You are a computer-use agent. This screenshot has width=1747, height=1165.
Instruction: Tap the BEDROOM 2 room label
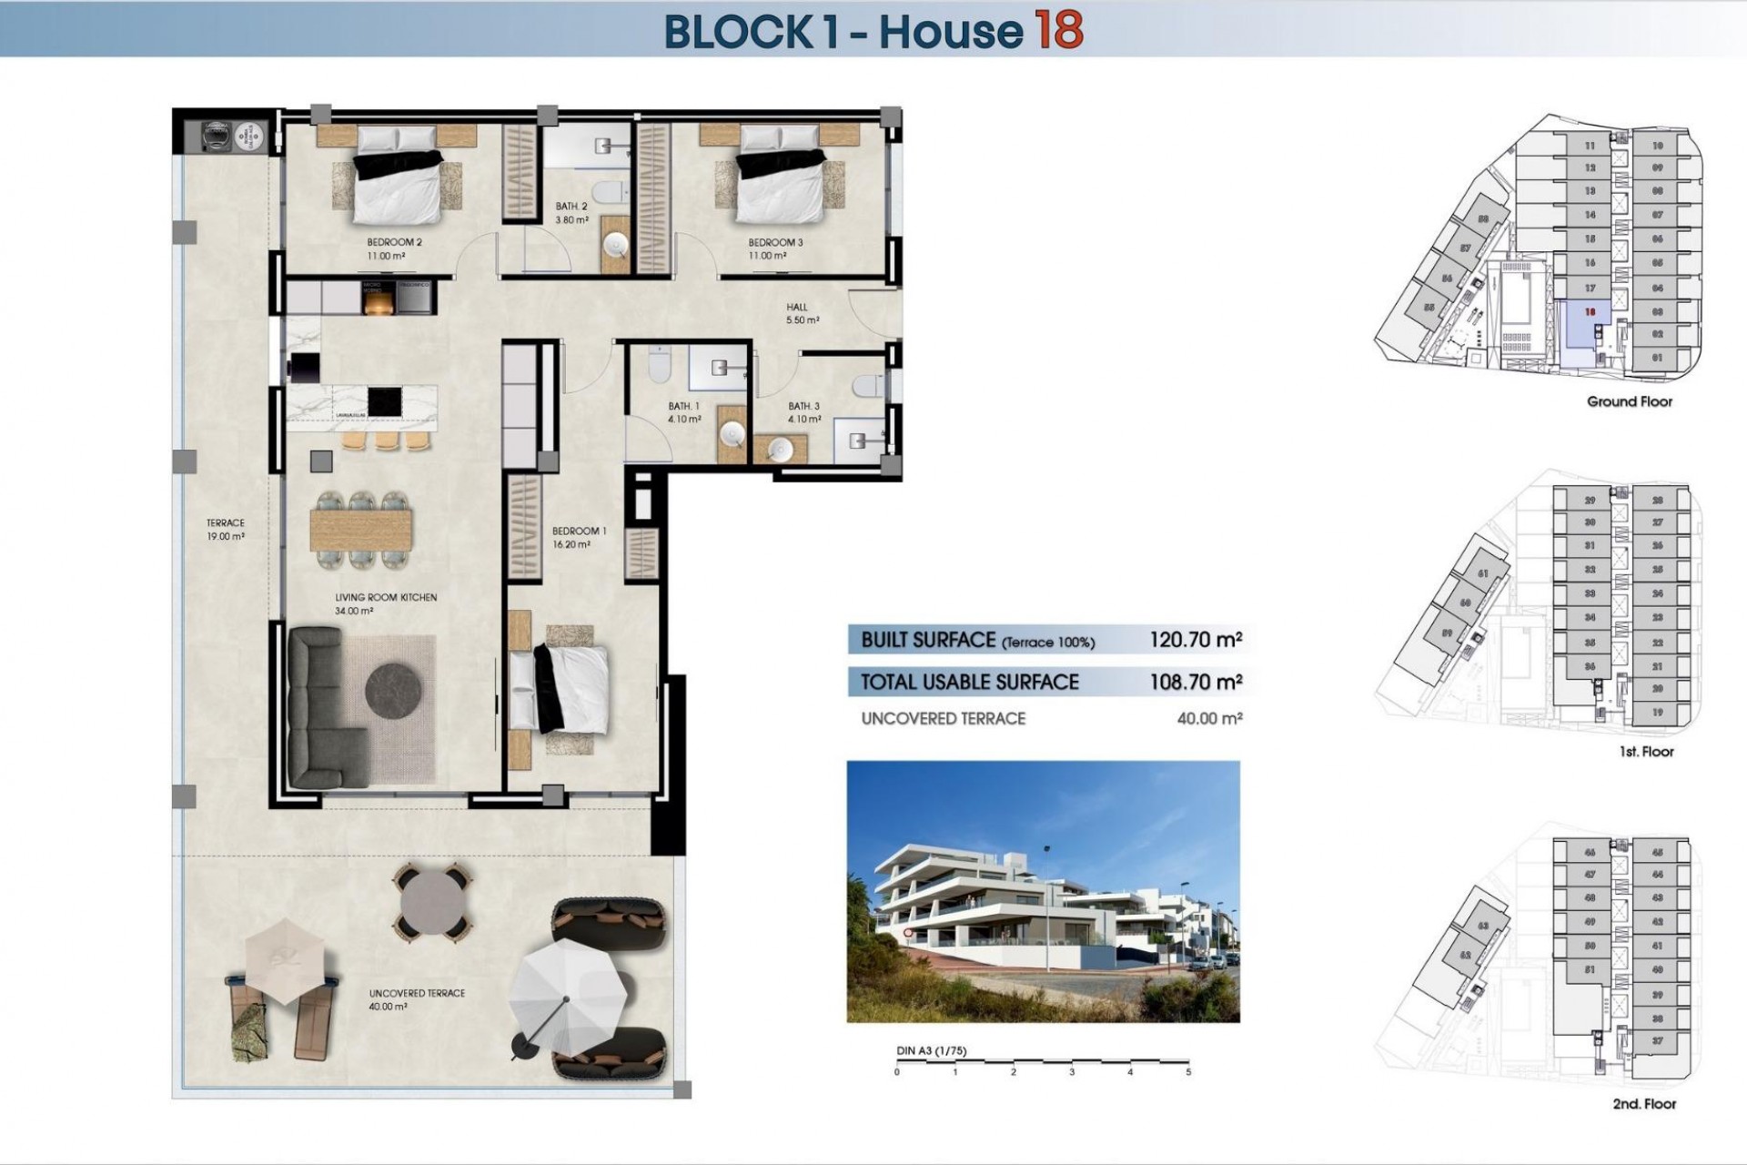pos(394,243)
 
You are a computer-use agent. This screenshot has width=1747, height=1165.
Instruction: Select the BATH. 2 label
pos(572,208)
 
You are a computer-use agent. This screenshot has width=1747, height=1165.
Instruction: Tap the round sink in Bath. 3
pos(781,449)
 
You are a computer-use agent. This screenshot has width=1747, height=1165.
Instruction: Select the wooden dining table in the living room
pos(361,530)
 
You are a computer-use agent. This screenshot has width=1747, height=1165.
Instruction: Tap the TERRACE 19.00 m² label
pos(225,530)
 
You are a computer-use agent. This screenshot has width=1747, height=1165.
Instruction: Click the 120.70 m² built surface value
pos(1195,640)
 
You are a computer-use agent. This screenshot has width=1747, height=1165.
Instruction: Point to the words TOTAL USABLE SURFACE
pos(969,682)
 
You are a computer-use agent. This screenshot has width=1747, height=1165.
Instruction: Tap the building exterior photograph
pos(1043,891)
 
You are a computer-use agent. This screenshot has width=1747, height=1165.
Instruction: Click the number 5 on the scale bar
pos(1188,1072)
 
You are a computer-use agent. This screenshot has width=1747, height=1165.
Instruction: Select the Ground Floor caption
pos(1629,401)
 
